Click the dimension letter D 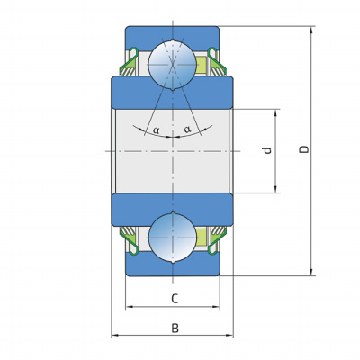305,149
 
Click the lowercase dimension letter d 267,150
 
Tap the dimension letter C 175,299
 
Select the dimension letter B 175,328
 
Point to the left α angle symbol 157,130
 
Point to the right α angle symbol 187,130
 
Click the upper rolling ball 173,65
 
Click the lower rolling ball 173,238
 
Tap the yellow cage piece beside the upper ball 202,65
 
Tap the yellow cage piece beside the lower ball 202,237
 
